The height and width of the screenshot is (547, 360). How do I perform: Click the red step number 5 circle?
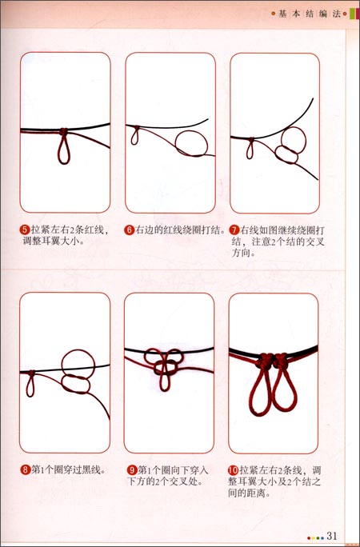[25, 230]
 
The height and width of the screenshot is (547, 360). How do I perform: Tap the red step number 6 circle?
[129, 230]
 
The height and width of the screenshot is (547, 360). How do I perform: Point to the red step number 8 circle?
[25, 470]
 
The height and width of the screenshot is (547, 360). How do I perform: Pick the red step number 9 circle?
[131, 470]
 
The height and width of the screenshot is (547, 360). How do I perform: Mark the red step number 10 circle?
[234, 470]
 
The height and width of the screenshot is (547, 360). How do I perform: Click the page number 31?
[334, 535]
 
